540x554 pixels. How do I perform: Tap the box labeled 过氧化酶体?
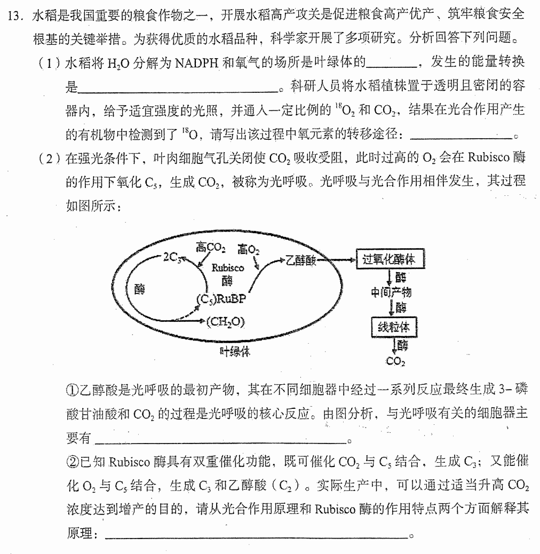tap(390, 259)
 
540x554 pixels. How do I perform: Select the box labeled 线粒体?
tap(394, 327)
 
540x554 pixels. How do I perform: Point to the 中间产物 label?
tap(391, 292)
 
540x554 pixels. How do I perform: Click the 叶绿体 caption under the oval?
tap(235, 351)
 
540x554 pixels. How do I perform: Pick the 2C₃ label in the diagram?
tap(172, 258)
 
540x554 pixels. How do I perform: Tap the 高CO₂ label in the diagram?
tap(210, 248)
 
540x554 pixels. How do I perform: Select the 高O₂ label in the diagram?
tap(248, 250)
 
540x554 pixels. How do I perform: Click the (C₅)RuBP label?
tap(221, 299)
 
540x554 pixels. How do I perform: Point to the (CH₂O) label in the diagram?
tap(225, 322)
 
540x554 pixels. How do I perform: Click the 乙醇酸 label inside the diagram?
tap(300, 261)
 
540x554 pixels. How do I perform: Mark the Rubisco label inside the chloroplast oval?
tap(227, 268)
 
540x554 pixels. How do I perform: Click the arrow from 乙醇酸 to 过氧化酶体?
tap(336, 260)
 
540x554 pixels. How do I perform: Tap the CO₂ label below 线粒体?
tap(395, 361)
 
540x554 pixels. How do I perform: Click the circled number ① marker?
tap(72, 390)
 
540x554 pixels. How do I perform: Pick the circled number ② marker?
tap(73, 462)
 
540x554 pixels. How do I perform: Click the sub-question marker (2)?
tap(50, 159)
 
